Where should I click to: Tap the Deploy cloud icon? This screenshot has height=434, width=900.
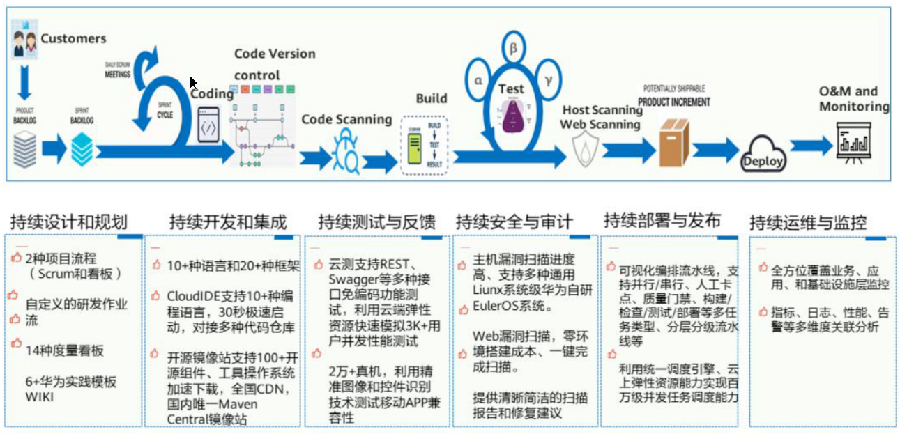tap(763, 155)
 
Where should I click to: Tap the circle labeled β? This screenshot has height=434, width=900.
tap(512, 49)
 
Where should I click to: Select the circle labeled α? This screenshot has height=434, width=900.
tap(478, 80)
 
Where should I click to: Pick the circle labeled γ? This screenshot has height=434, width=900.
tap(549, 80)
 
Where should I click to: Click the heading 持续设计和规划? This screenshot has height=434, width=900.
tap(68, 222)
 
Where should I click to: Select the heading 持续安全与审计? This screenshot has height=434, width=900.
tap(514, 222)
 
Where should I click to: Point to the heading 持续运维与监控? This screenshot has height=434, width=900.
tap(808, 223)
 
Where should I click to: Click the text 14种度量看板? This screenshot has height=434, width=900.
tap(59, 350)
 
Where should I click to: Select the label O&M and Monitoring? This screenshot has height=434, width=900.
tap(853, 99)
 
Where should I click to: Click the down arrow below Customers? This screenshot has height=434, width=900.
tap(24, 82)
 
